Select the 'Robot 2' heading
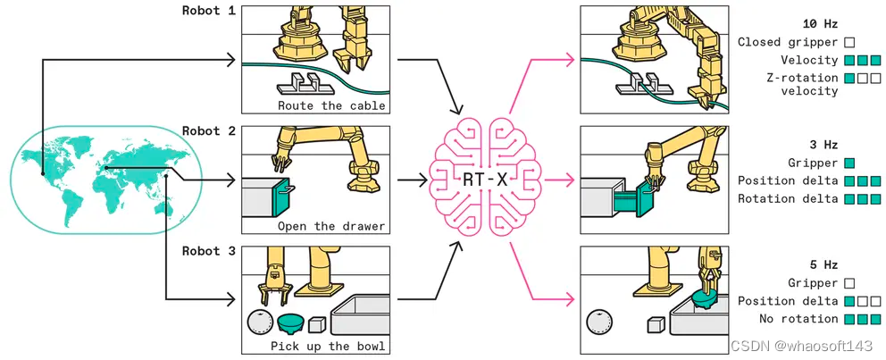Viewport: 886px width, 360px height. click(x=209, y=131)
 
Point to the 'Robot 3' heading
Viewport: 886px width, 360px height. click(x=209, y=251)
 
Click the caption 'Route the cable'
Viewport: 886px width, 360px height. click(x=331, y=105)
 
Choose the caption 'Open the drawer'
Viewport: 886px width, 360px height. click(x=331, y=225)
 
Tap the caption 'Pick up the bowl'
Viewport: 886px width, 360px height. click(x=329, y=346)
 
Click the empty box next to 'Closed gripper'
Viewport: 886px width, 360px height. click(x=849, y=42)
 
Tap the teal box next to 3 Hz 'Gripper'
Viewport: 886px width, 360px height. click(x=849, y=163)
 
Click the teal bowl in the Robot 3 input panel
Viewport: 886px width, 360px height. click(x=290, y=320)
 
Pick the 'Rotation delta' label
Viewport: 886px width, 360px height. click(x=788, y=198)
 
